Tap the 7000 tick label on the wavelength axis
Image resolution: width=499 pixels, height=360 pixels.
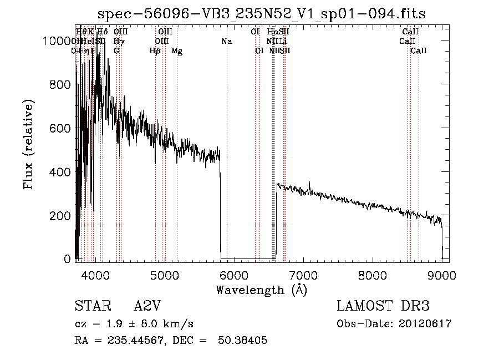point(303,275)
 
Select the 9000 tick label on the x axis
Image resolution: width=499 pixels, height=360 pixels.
point(442,275)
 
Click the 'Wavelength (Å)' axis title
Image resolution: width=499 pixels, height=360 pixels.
point(261,290)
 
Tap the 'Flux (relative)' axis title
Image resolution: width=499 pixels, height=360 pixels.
point(29,144)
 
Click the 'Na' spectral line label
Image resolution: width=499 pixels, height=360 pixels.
point(226,41)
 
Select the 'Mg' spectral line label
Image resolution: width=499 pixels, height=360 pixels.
point(177,51)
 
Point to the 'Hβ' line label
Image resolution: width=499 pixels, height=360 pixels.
point(155,51)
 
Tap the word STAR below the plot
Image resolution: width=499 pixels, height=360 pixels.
point(91,306)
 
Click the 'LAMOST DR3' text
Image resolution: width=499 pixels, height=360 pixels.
point(383,306)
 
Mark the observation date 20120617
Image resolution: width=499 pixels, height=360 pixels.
point(425,324)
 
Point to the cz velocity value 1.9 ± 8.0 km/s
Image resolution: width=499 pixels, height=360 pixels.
point(149,324)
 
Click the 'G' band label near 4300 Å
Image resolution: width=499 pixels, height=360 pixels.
point(116,51)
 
